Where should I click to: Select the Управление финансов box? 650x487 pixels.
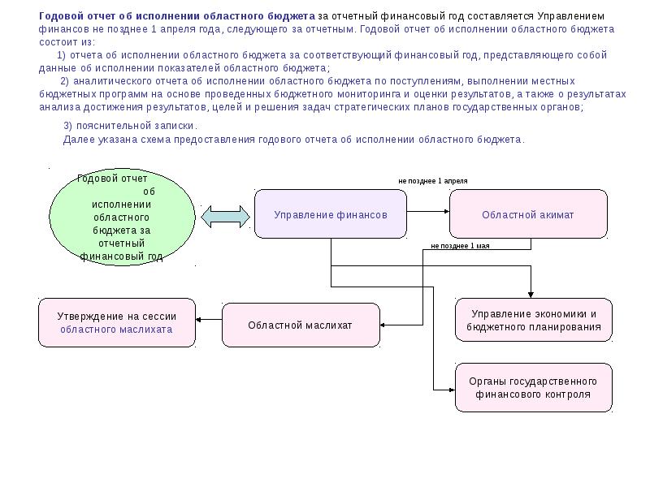tap(330, 214)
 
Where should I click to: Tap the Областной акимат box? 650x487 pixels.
tap(528, 214)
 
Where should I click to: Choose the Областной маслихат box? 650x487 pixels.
tap(301, 325)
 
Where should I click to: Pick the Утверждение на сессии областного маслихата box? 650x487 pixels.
tap(116, 323)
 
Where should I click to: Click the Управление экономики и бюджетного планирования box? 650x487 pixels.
tap(534, 321)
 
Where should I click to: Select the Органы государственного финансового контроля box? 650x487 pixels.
tap(534, 388)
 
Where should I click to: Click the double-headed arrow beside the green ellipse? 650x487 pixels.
tap(224, 215)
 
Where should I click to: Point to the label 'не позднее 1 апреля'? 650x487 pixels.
tap(432, 180)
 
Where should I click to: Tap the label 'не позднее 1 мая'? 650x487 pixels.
tap(460, 245)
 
